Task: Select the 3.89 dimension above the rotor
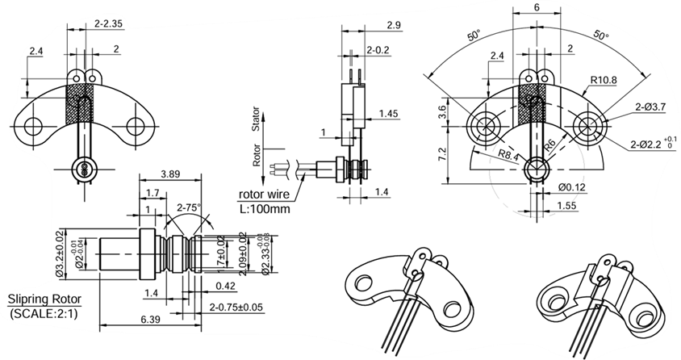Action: pyautogui.click(x=170, y=174)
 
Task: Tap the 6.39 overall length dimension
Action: pyautogui.click(x=149, y=320)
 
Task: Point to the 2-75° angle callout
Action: pyautogui.click(x=189, y=207)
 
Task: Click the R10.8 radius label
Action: pyautogui.click(x=604, y=81)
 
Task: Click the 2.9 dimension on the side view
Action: pyautogui.click(x=394, y=26)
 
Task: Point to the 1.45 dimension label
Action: pyautogui.click(x=388, y=114)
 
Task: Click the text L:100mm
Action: pyautogui.click(x=263, y=208)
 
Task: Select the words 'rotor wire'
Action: pyautogui.click(x=264, y=195)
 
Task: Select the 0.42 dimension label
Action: pyautogui.click(x=226, y=286)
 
